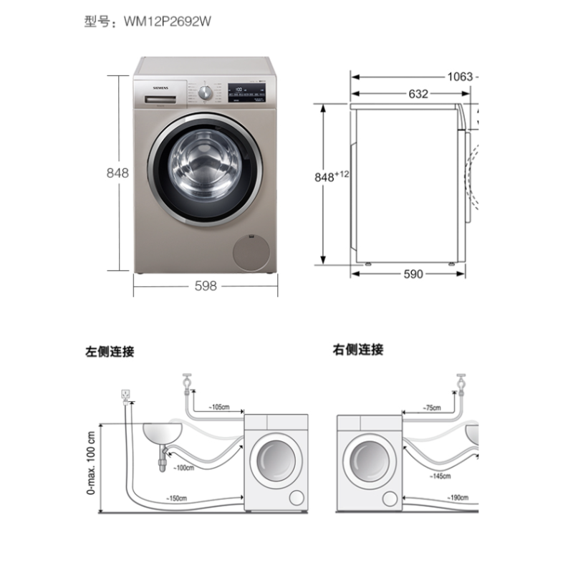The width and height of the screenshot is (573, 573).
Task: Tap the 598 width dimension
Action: coord(206,286)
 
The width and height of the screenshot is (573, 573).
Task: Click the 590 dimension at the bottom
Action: coord(413,274)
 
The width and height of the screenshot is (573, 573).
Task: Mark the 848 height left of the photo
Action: coord(117,173)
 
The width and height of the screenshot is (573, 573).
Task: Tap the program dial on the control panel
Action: coord(206,92)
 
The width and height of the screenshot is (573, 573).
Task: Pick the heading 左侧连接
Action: coord(110,352)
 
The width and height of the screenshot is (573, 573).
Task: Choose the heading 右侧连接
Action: coord(358,350)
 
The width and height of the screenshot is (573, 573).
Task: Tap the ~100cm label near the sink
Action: coord(184,468)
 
